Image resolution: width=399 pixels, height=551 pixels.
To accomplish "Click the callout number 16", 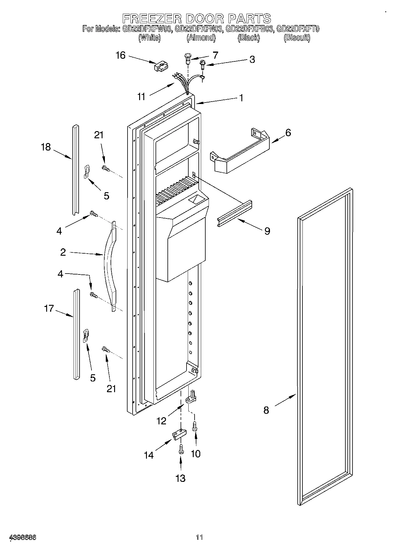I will coord(121,56).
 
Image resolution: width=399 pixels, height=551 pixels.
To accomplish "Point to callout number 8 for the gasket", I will coord(266,410).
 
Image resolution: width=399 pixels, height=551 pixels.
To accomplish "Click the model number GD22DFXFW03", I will coord(146,29).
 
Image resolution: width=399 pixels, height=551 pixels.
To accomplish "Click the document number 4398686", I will coord(23,537).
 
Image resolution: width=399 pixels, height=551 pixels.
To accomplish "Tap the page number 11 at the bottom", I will coord(199,537).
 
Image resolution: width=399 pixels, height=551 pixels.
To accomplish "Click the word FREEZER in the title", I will coord(152,18).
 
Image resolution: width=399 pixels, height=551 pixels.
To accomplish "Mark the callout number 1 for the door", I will coord(241,98).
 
